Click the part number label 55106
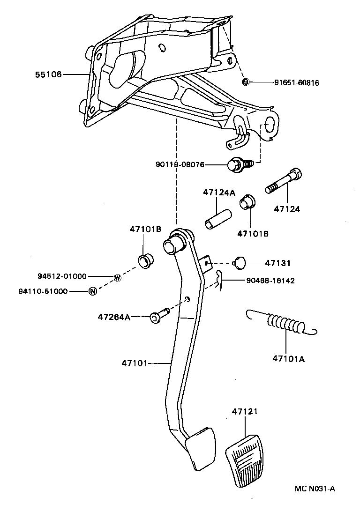[x=48, y=74]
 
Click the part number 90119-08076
[x=180, y=164]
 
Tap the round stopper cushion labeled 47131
[x=240, y=263]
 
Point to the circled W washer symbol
[x=117, y=277]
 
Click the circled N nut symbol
[x=93, y=291]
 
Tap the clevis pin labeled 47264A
[x=158, y=316]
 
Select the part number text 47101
[x=135, y=363]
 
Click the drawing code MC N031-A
[x=315, y=489]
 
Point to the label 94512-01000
[x=62, y=276]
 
